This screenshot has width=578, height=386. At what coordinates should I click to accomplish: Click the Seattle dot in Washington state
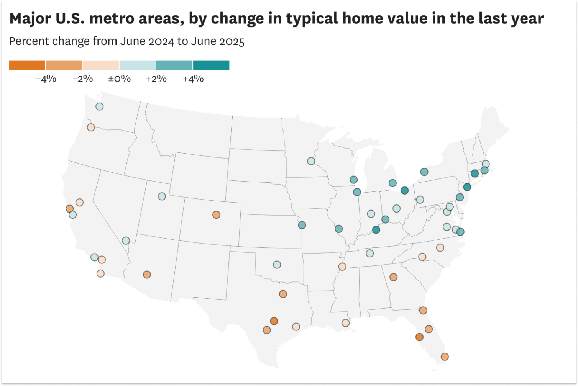[x=99, y=106]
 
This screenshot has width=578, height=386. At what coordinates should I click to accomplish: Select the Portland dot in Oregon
[x=91, y=127]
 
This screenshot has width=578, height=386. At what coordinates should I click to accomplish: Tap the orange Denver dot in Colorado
[x=216, y=214]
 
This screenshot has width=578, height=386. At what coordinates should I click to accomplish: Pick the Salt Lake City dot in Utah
[x=162, y=196]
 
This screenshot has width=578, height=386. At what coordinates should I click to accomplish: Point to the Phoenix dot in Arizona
[x=147, y=275]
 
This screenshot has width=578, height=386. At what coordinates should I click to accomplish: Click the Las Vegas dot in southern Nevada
[x=126, y=240]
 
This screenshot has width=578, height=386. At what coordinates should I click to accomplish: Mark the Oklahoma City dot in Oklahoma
[x=277, y=265]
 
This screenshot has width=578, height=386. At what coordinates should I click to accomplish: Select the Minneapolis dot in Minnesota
[x=311, y=161]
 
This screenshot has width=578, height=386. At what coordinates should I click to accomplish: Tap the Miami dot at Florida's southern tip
[x=445, y=357]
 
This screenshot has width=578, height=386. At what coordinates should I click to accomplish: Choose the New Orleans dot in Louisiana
[x=345, y=323]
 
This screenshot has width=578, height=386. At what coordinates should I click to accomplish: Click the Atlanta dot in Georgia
[x=393, y=277]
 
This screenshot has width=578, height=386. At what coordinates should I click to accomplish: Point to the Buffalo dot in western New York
[x=424, y=172]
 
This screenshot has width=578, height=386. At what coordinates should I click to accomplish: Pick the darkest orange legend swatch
[x=27, y=65]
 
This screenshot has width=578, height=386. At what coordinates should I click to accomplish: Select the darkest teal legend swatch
[x=211, y=65]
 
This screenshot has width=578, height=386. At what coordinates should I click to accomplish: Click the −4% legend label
[x=46, y=79]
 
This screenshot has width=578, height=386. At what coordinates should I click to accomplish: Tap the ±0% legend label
[x=119, y=79]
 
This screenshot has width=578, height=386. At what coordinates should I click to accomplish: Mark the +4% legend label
[x=193, y=79]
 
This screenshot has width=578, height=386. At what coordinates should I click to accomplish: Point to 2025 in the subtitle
[x=232, y=41]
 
